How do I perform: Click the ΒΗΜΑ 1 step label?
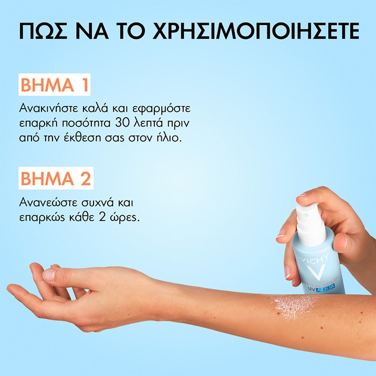coord(55,86)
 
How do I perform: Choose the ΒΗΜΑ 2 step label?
coord(56,178)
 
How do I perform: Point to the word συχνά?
coord(104,202)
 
